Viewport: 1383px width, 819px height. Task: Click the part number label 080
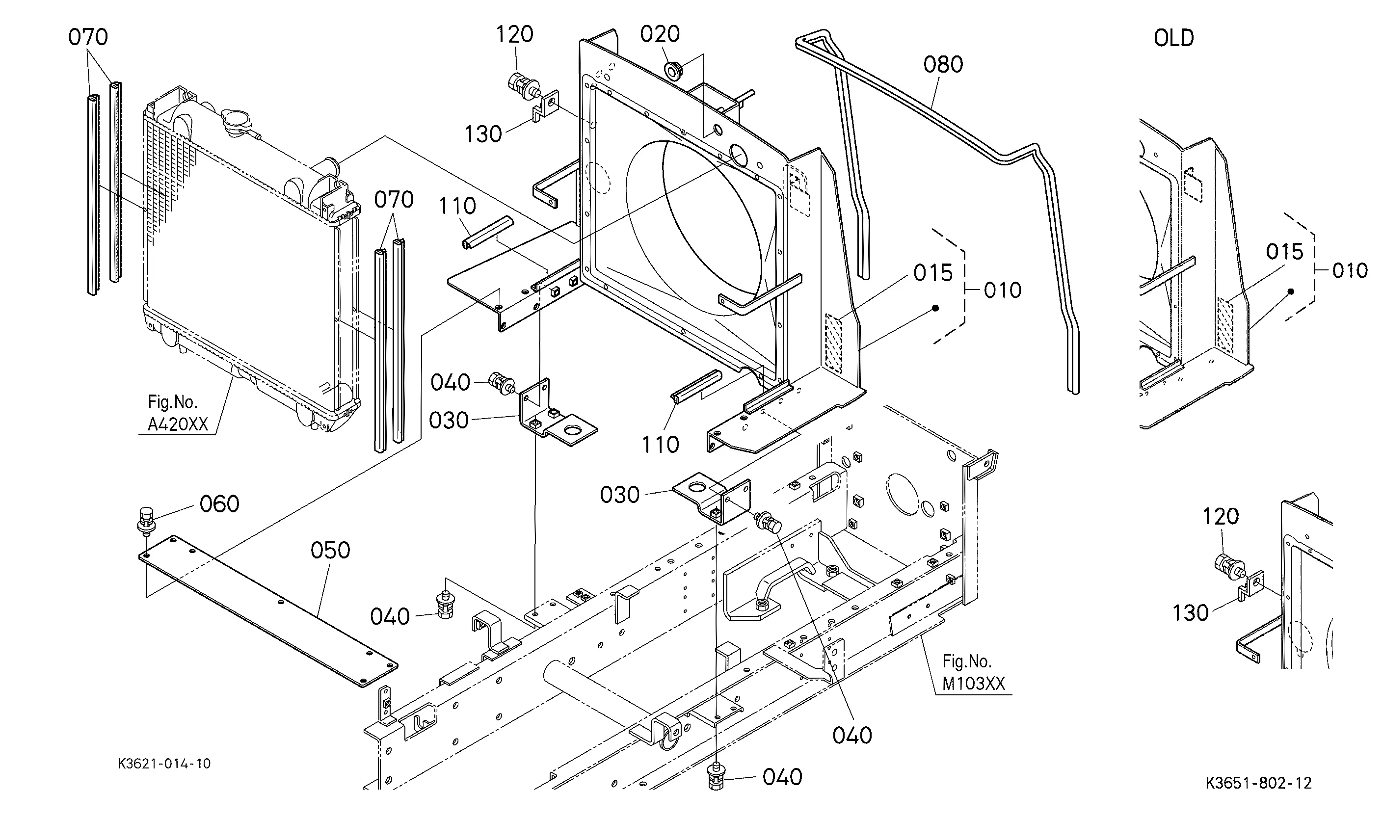pyautogui.click(x=943, y=65)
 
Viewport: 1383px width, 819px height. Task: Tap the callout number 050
pyautogui.click(x=330, y=550)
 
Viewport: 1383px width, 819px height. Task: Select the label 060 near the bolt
pyautogui.click(x=219, y=504)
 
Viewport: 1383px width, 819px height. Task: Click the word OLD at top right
pyautogui.click(x=1174, y=38)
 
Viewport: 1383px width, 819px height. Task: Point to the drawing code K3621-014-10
pyautogui.click(x=164, y=764)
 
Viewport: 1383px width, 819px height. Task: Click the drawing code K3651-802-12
pyautogui.click(x=1258, y=783)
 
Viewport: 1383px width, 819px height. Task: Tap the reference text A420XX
pyautogui.click(x=178, y=424)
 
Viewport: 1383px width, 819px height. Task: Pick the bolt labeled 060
pyautogui.click(x=145, y=521)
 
